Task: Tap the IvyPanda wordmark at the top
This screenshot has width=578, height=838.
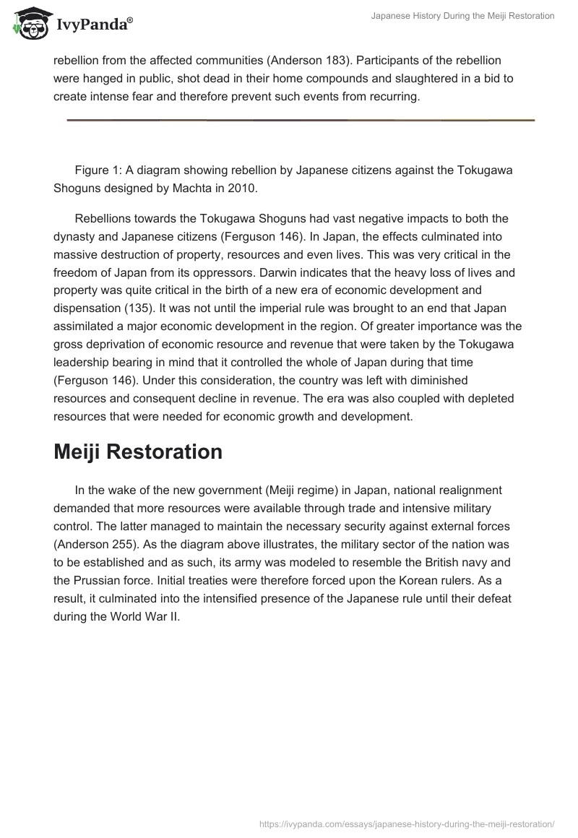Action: (x=94, y=25)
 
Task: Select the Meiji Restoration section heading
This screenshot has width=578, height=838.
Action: (x=138, y=452)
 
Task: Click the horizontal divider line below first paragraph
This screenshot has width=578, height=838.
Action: (x=301, y=120)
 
